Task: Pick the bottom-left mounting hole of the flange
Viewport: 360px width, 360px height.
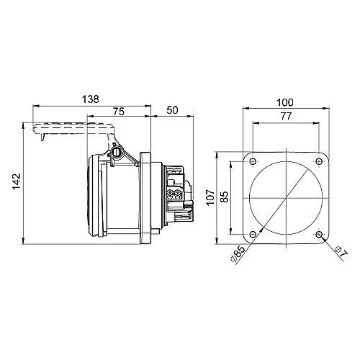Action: pyautogui.click(x=253, y=234)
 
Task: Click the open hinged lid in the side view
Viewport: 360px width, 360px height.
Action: pyautogui.click(x=72, y=130)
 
